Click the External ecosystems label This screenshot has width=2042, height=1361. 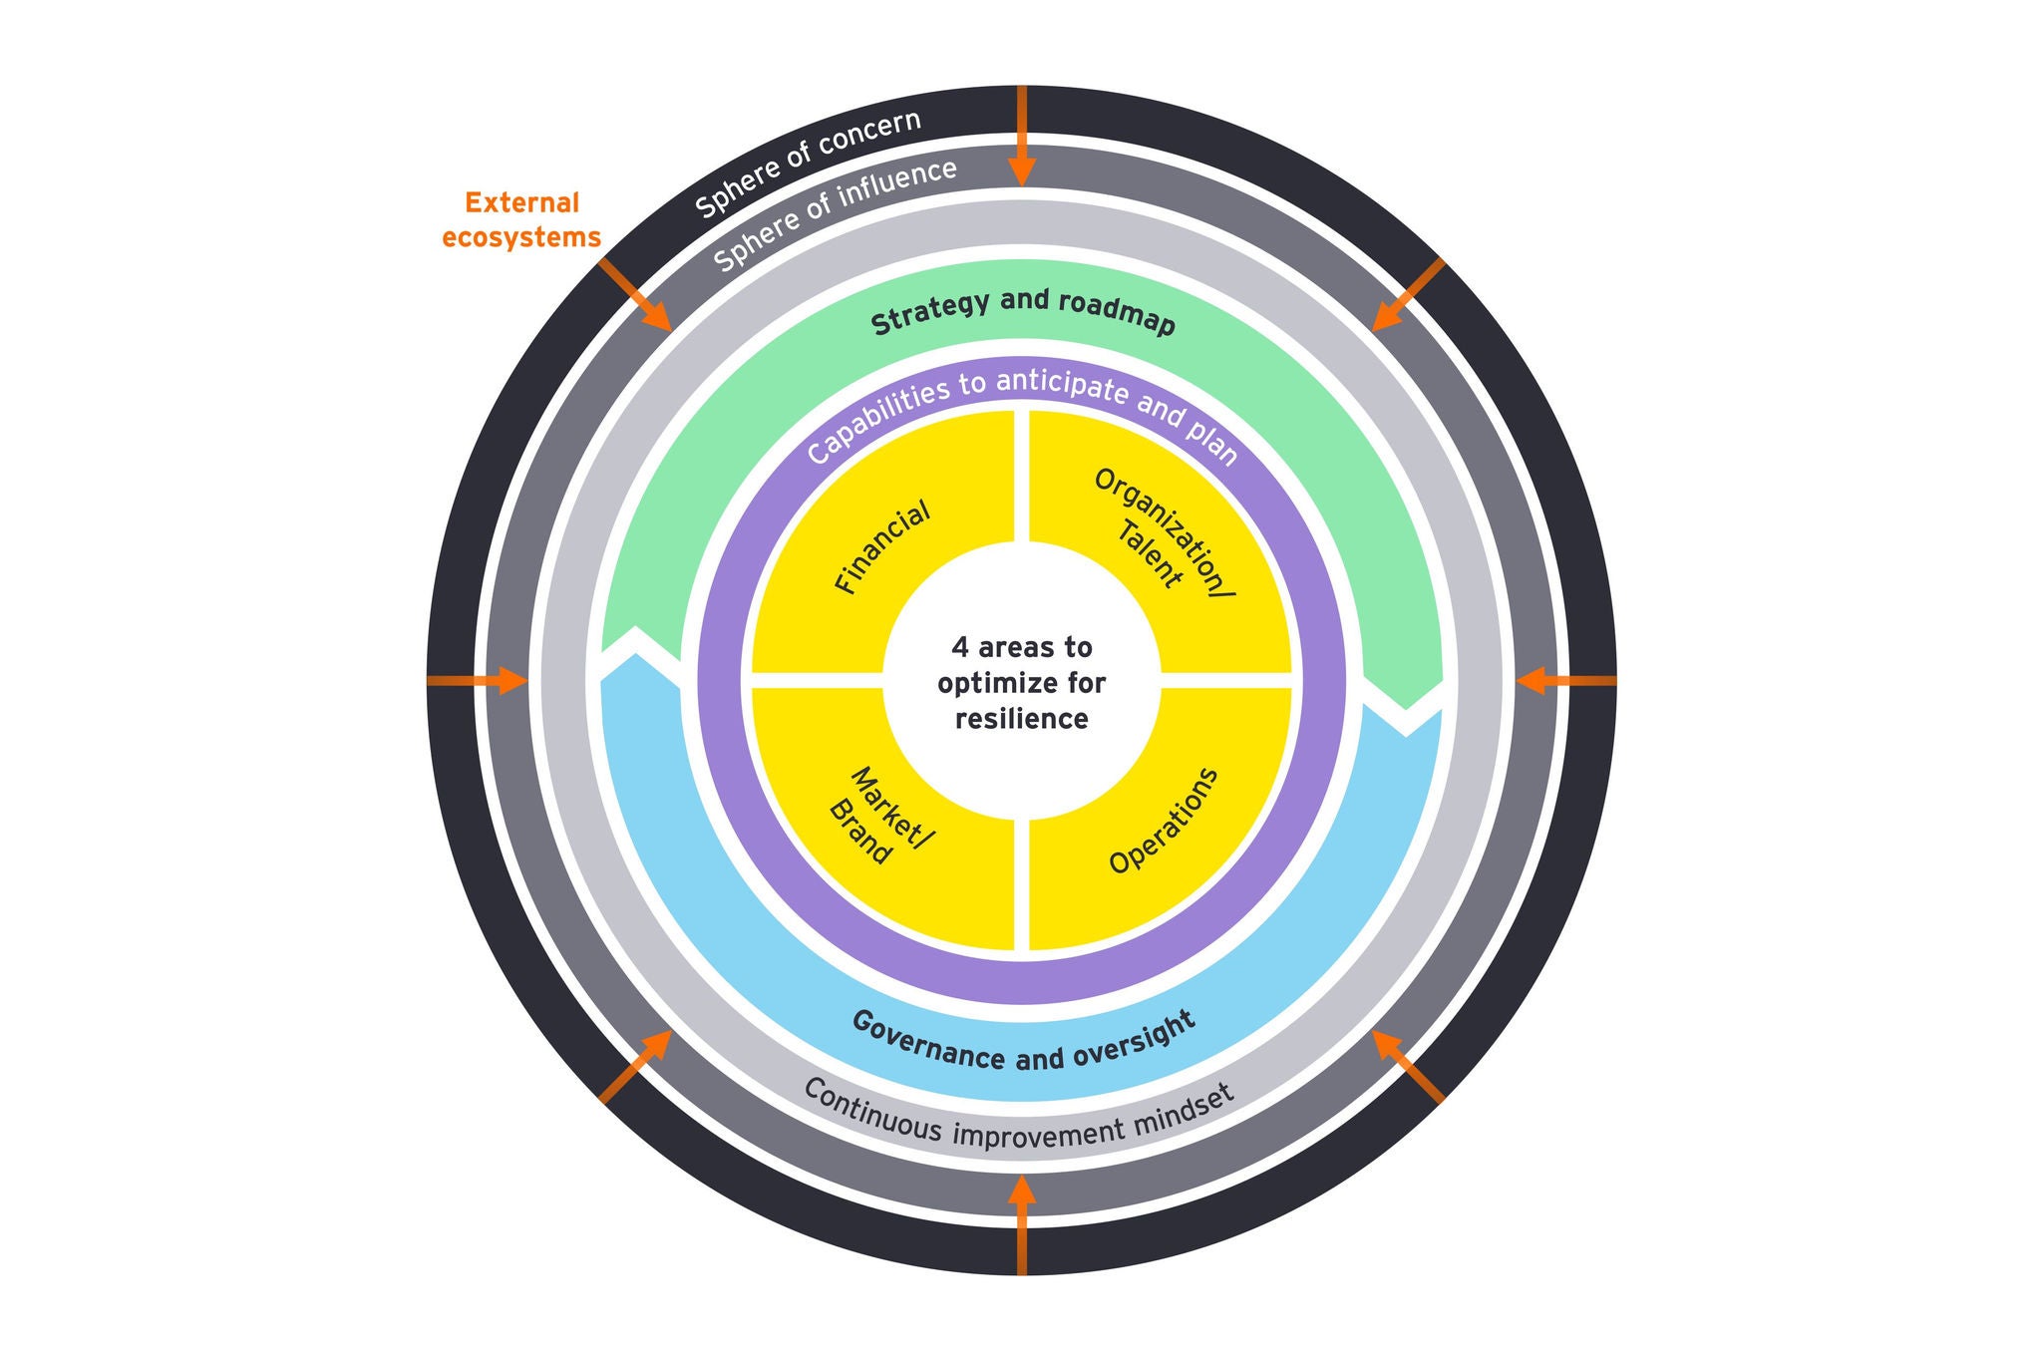coord(520,220)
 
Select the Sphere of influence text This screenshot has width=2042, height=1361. coord(836,213)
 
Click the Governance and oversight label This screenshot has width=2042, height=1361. coord(1023,1043)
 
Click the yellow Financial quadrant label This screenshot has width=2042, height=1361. coord(882,547)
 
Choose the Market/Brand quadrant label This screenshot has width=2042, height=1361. coord(877,818)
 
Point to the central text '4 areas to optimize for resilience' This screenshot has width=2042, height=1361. coord(1022,683)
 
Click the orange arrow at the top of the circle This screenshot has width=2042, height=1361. coord(1022,140)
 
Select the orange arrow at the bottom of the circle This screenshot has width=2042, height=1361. coord(1022,1222)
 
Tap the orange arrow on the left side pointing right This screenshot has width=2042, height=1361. coord(479,681)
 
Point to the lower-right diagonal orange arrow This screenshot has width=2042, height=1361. coord(1407,1066)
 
